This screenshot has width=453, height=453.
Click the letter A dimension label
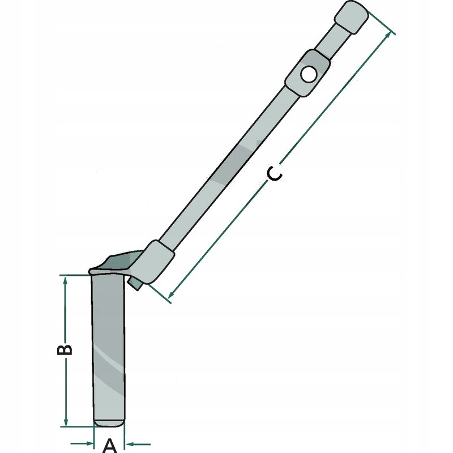coord(110,445)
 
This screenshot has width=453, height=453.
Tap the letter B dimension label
coord(66,349)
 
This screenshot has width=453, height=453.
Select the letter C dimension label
coord(274,174)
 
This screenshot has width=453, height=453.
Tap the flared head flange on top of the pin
coord(113,265)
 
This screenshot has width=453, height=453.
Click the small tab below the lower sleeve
coord(135,282)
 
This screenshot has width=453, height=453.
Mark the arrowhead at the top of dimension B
coord(66,281)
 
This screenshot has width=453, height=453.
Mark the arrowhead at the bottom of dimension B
coord(66,421)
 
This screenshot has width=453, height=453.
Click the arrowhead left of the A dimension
coord(88,443)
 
